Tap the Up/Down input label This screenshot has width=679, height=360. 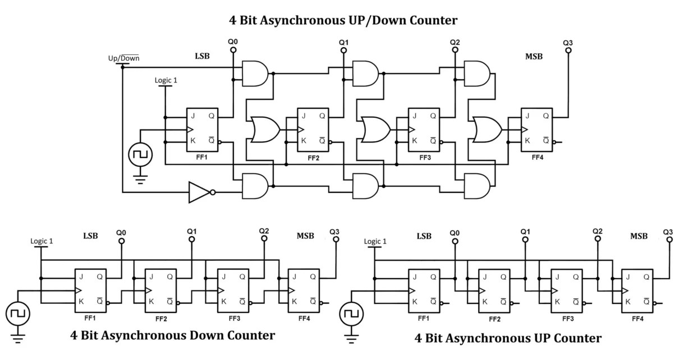click(x=123, y=58)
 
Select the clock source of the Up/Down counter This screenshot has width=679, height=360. click(x=140, y=155)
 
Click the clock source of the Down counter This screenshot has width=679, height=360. click(x=18, y=314)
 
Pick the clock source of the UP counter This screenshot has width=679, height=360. click(x=351, y=314)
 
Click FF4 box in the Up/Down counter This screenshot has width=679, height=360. click(x=537, y=130)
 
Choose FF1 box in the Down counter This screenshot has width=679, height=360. click(x=91, y=290)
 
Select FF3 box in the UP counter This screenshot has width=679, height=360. click(x=567, y=291)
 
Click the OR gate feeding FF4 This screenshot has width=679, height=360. click(x=487, y=130)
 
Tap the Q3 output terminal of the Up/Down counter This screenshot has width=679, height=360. click(x=568, y=50)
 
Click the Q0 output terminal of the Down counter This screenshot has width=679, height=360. click(x=122, y=241)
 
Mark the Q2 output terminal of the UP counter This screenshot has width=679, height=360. click(x=598, y=239)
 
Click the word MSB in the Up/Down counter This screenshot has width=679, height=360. click(x=534, y=57)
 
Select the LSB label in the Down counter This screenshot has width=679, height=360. click(x=91, y=236)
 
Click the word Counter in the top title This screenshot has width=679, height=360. click(x=433, y=20)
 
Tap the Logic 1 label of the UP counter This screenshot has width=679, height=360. click(x=375, y=241)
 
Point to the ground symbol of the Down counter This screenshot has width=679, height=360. click(x=18, y=338)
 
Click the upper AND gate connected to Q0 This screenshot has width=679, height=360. click(x=255, y=73)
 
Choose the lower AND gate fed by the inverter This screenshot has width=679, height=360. click(x=255, y=186)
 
